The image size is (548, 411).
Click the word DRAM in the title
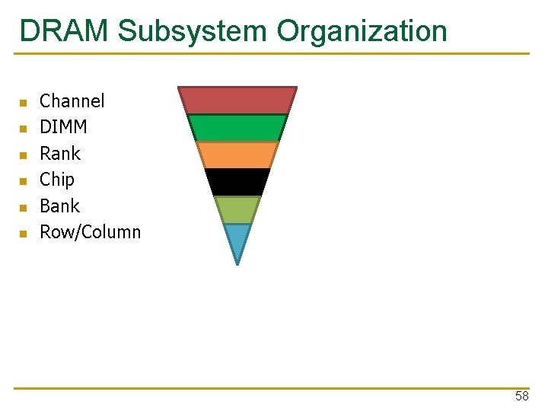coord(65,31)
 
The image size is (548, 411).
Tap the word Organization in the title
coord(362,31)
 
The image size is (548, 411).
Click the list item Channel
coord(72,101)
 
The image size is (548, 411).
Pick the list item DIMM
coord(63,127)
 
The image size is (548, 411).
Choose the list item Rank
coord(59,154)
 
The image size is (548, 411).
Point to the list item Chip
coord(57,180)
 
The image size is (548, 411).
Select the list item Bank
coord(59,206)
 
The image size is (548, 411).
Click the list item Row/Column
coord(90,232)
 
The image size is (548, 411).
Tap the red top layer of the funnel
coord(237,100)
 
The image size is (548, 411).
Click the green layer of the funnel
coord(237,128)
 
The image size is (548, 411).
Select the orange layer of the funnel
coord(237,155)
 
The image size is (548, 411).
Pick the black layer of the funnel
coord(237,182)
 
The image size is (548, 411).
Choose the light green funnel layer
coord(237,209)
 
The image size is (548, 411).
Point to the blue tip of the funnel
coord(237,238)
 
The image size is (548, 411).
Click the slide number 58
coord(521,397)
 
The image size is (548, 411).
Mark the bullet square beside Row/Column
coord(23,234)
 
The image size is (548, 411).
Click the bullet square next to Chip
coord(23,181)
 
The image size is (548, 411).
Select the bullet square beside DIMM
coord(23,129)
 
